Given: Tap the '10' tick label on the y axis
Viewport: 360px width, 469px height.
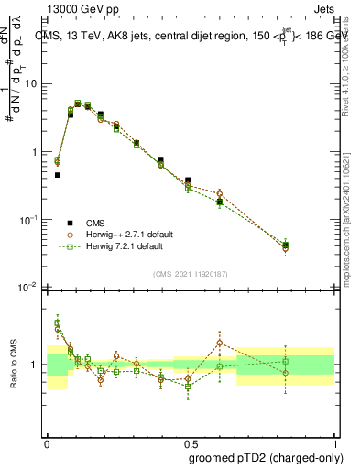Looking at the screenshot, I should click(32, 83).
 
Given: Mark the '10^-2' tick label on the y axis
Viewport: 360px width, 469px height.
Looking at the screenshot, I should click(30, 288).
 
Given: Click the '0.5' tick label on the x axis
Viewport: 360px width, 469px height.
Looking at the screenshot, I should click(191, 442).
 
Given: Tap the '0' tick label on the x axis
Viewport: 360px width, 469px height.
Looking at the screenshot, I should click(47, 442).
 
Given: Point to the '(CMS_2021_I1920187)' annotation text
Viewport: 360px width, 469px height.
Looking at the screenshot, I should click(191, 274).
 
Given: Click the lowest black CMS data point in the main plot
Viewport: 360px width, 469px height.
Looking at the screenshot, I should click(287, 245).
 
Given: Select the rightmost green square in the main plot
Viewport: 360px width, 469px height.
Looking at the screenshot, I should click(286, 245).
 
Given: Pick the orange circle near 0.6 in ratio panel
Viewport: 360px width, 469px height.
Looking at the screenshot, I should click(220, 343).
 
